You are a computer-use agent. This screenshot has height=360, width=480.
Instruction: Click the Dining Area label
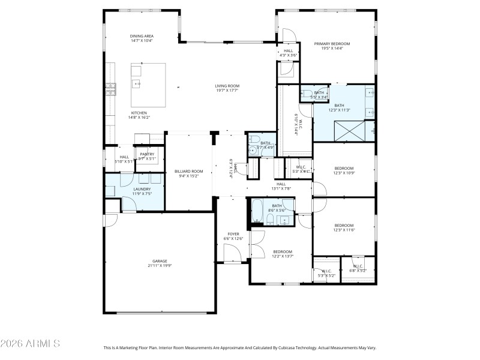pyautogui.click(x=142, y=36)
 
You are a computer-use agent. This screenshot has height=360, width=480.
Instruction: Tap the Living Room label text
pyautogui.click(x=227, y=86)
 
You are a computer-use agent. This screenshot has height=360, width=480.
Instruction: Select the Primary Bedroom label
pyautogui.click(x=332, y=44)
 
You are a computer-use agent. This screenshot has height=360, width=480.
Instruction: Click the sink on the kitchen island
pyautogui.click(x=136, y=84)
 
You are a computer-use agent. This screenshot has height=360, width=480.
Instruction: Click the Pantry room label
pyautogui.click(x=147, y=154)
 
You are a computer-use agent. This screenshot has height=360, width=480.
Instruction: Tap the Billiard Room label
pyautogui.click(x=188, y=172)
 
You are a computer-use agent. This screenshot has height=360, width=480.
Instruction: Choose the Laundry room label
pyautogui.click(x=142, y=189)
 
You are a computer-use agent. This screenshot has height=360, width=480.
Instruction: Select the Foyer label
pyautogui.click(x=233, y=233)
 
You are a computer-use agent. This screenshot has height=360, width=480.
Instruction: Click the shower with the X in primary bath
pyautogui.click(x=346, y=130)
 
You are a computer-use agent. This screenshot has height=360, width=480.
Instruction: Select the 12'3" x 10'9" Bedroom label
pyautogui.click(x=344, y=168)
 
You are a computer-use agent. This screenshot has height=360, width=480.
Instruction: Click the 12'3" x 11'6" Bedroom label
pyautogui.click(x=344, y=226)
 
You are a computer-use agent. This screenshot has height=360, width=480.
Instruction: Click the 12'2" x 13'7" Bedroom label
pyautogui.click(x=283, y=251)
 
